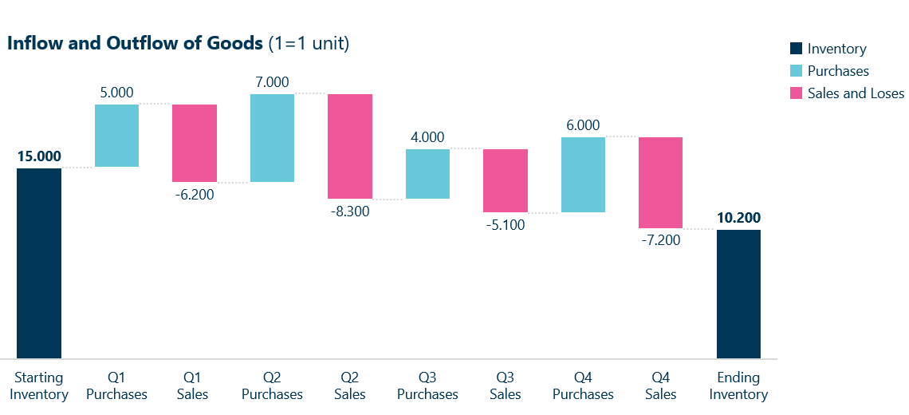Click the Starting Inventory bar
[x=39, y=263]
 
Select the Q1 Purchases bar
[x=116, y=136]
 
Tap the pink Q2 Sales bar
[x=349, y=146]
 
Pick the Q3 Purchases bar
[x=427, y=174]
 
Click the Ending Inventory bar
[x=738, y=294]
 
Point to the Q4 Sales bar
[x=660, y=183]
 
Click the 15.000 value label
[x=39, y=156]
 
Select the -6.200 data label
[x=194, y=193]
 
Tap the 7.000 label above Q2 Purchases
[x=272, y=82]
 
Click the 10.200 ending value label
[x=738, y=218]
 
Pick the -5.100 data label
[x=505, y=224]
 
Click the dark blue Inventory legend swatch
[x=795, y=49]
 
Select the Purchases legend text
[x=838, y=71]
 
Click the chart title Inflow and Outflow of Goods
[x=135, y=43]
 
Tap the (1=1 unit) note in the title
[x=309, y=43]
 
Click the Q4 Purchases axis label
[x=583, y=385]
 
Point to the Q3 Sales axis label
[x=505, y=385]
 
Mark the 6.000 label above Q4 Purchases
[x=583, y=125]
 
